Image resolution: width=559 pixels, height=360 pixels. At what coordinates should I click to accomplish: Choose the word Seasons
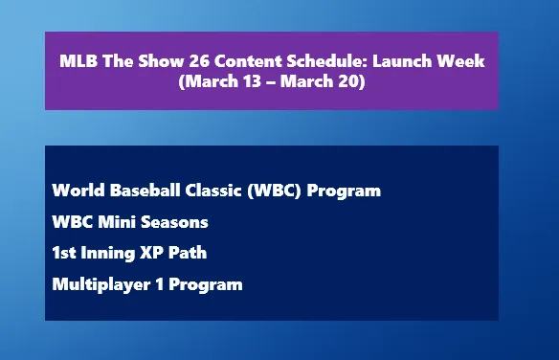click(x=173, y=222)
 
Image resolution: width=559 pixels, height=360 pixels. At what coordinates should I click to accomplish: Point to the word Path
click(x=190, y=253)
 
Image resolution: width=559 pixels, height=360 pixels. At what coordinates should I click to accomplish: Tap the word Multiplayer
click(x=97, y=284)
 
